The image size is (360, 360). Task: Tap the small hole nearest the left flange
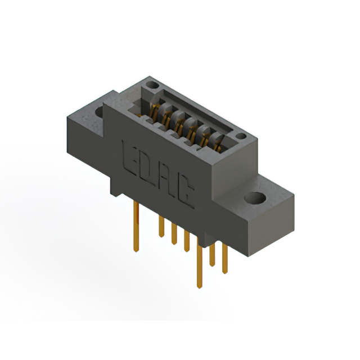[151, 85]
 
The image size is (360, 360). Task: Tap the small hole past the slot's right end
[241, 136]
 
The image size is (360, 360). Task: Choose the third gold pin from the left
[174, 235]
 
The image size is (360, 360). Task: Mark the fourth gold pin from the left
[187, 241]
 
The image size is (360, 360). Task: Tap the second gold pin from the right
[213, 256]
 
